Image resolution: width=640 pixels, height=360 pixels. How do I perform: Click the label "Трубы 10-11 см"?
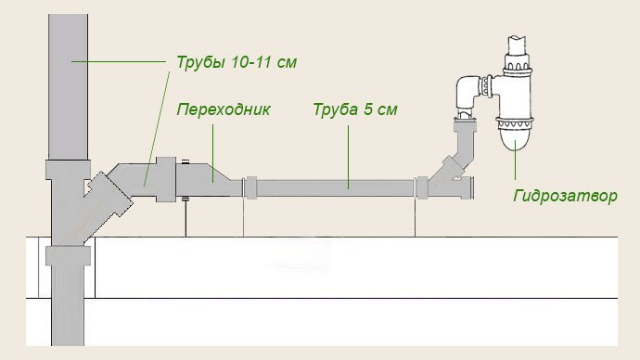pos(237,63)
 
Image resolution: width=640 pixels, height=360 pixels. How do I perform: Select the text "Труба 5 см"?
pos(354,109)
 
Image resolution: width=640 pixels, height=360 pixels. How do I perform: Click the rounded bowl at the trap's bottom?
pos(515,137)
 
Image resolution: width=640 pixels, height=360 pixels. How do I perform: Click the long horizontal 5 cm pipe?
pos(334,186)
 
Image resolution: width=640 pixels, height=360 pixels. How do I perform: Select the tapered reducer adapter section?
pos(211,176)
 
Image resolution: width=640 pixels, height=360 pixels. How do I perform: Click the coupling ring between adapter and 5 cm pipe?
pos(250,186)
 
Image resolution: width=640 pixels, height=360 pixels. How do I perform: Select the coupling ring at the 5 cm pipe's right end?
pos(422,186)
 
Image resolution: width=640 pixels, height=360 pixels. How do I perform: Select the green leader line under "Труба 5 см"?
pos(350,153)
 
